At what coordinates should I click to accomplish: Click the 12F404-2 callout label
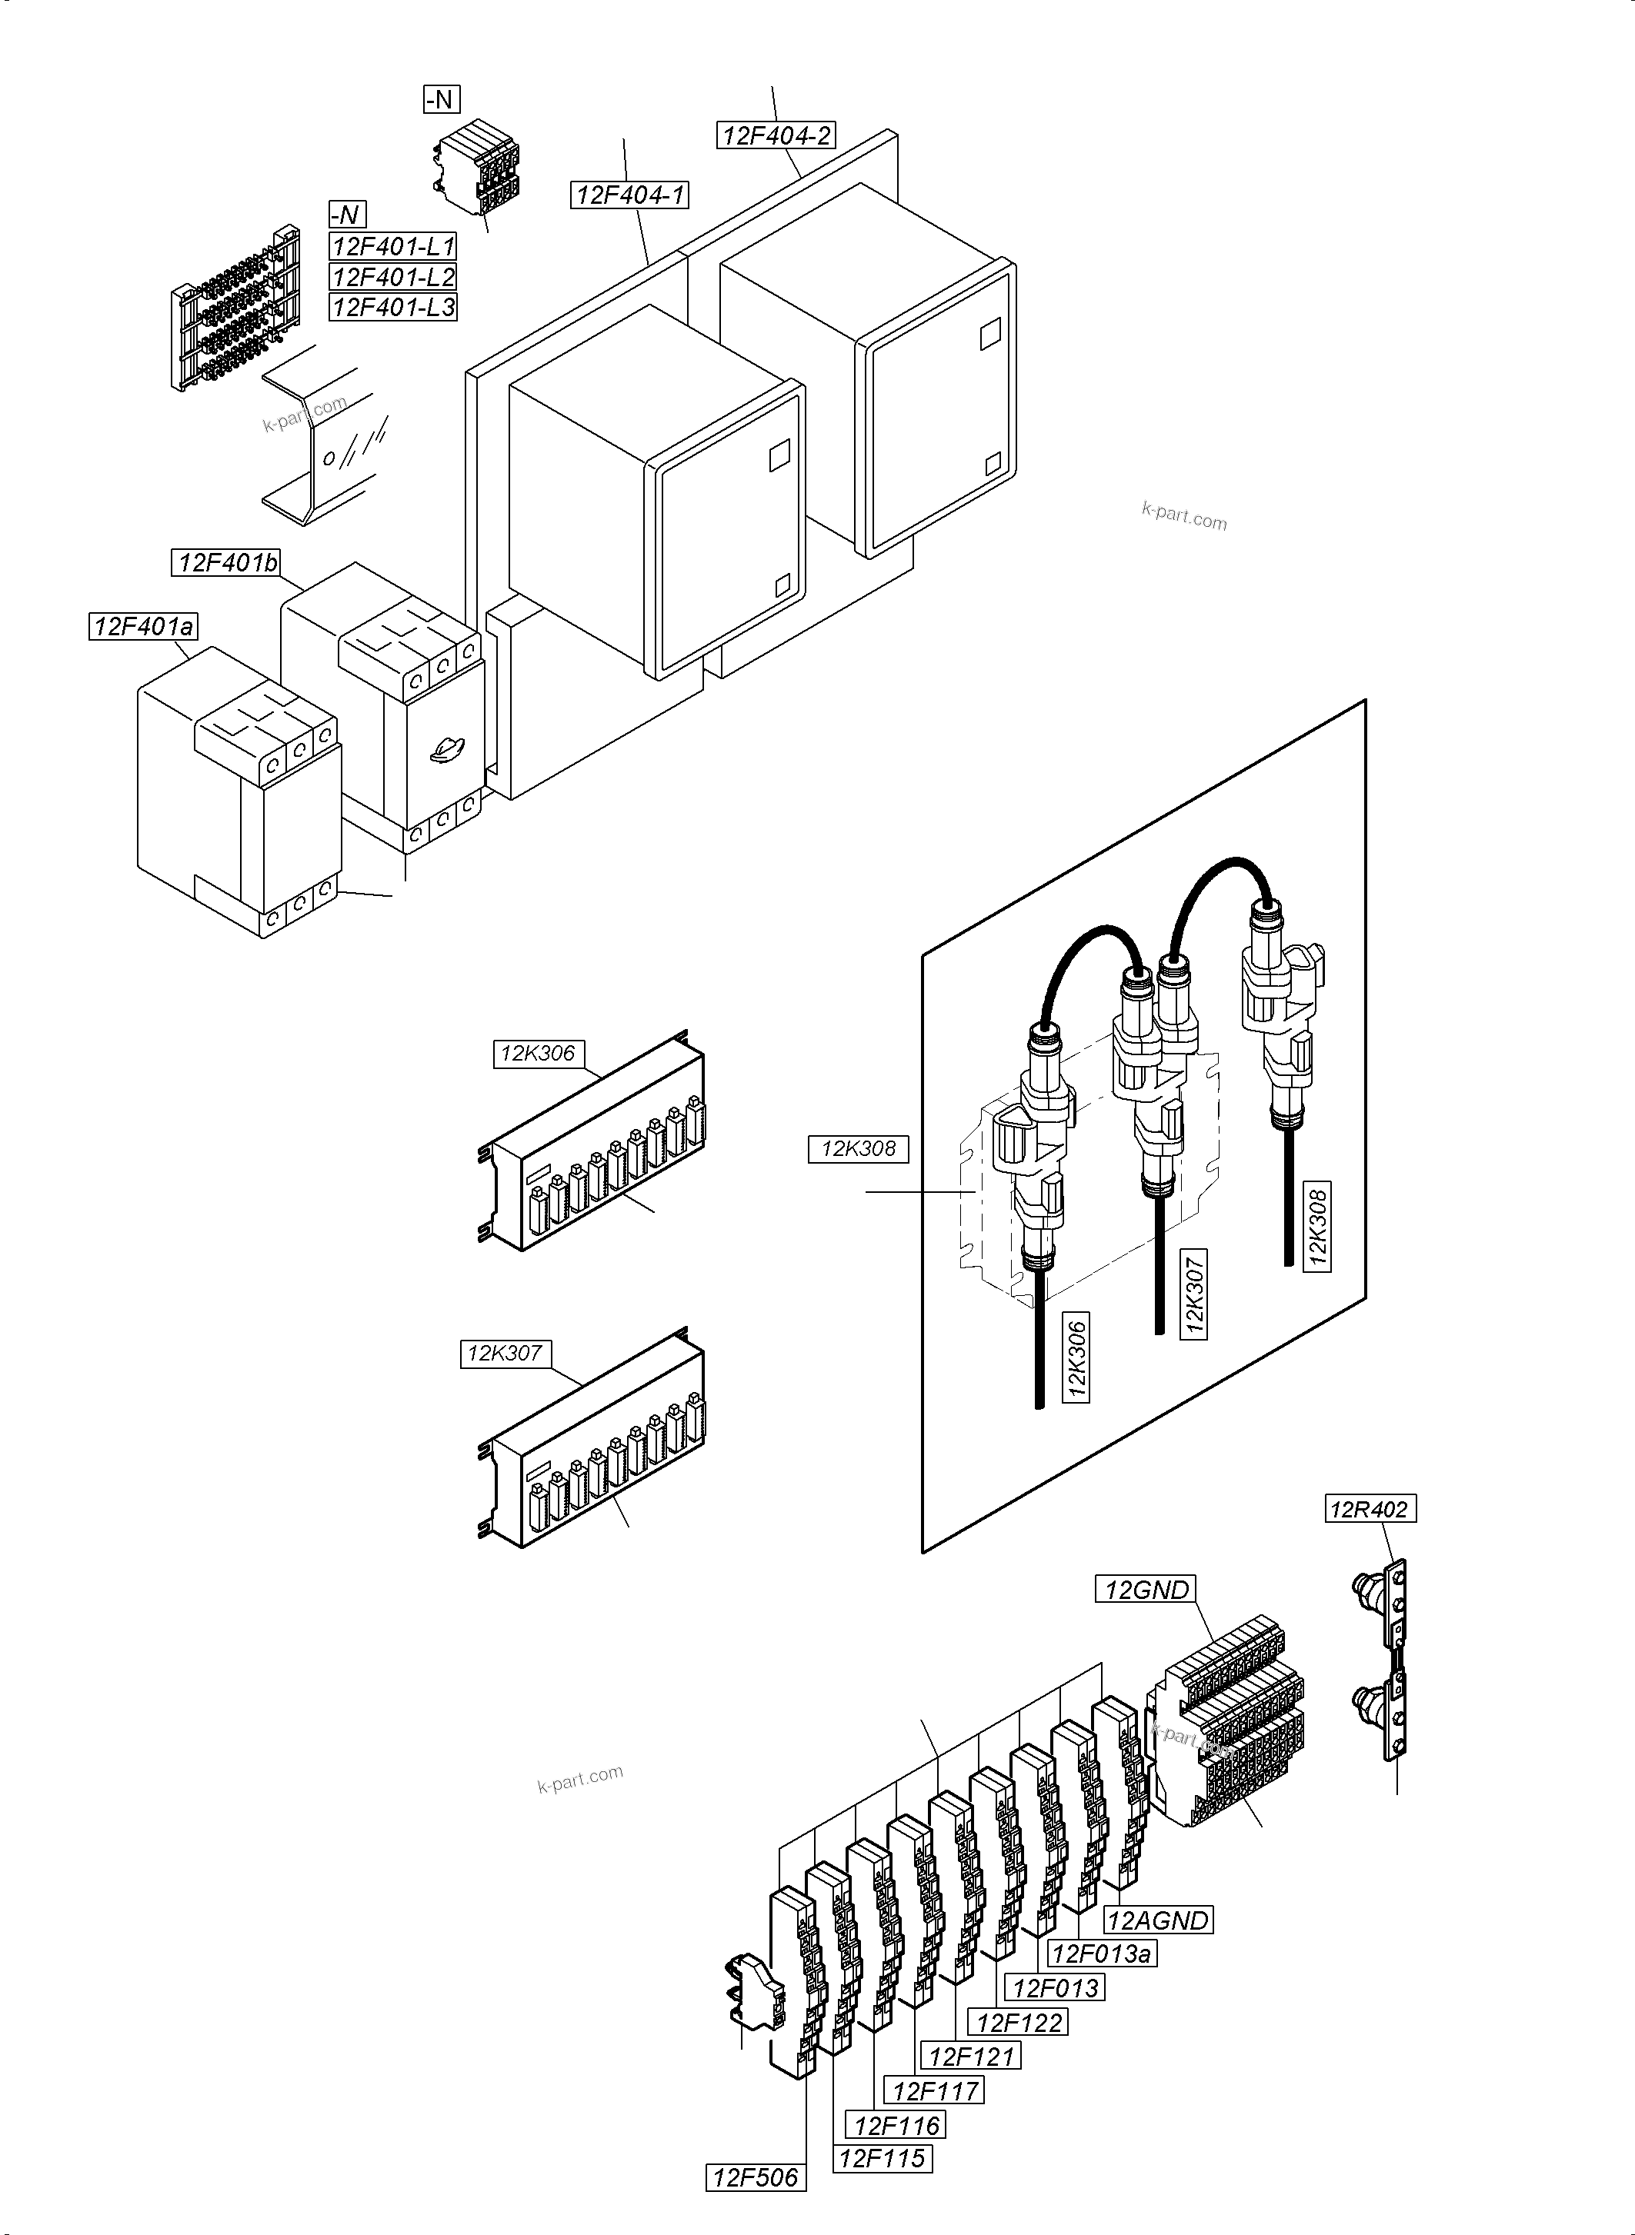pos(776,135)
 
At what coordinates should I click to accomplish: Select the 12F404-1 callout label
pos(629,195)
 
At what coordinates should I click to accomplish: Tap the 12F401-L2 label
pos(393,277)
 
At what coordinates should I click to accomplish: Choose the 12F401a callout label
pos(144,626)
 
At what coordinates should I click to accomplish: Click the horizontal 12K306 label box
pos(537,1054)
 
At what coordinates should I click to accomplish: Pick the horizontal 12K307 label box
pos(505,1354)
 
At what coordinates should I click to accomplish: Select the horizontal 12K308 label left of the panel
pos(858,1149)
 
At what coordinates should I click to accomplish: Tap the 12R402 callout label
pos(1370,1509)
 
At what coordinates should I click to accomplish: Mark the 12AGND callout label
pos(1158,1920)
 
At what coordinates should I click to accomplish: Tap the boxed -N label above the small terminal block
pos(440,99)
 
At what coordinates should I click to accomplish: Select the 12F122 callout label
pos(1019,2022)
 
